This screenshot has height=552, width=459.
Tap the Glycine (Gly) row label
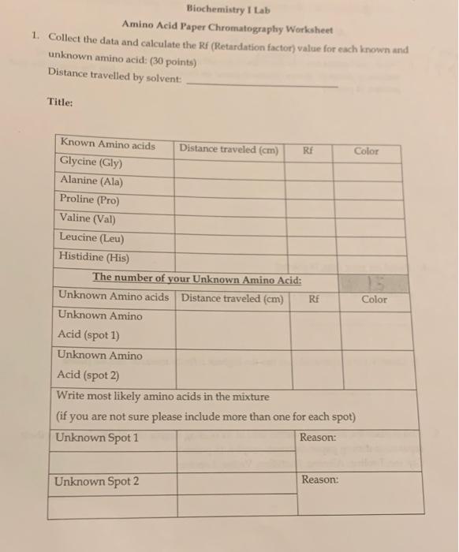click(x=91, y=162)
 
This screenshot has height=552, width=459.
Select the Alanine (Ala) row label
click(x=91, y=181)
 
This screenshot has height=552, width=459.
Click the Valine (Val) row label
click(x=88, y=219)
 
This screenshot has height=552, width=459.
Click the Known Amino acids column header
click(x=108, y=144)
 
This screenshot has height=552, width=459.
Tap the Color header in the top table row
click(x=366, y=150)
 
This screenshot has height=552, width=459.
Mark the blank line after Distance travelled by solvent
click(x=263, y=84)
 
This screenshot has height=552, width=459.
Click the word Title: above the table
click(x=60, y=103)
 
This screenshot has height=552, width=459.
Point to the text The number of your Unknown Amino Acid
click(x=197, y=278)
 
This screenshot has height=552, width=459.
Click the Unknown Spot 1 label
click(x=96, y=438)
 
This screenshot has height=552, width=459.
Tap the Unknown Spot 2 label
click(x=96, y=482)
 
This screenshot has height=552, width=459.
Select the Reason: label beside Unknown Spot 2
click(x=319, y=479)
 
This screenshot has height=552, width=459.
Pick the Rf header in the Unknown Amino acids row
click(x=314, y=299)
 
